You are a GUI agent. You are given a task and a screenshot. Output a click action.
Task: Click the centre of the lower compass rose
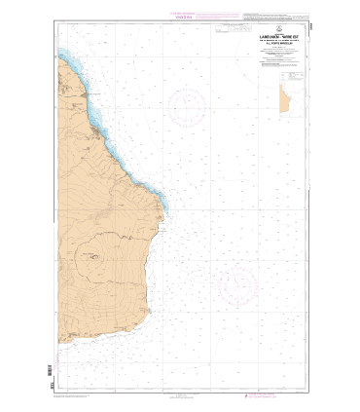pyautogui.click(x=235, y=284)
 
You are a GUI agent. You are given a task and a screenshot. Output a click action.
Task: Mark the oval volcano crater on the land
pyautogui.click(x=94, y=258)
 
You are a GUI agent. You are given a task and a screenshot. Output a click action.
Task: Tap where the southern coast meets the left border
pyautogui.click(x=59, y=342)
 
